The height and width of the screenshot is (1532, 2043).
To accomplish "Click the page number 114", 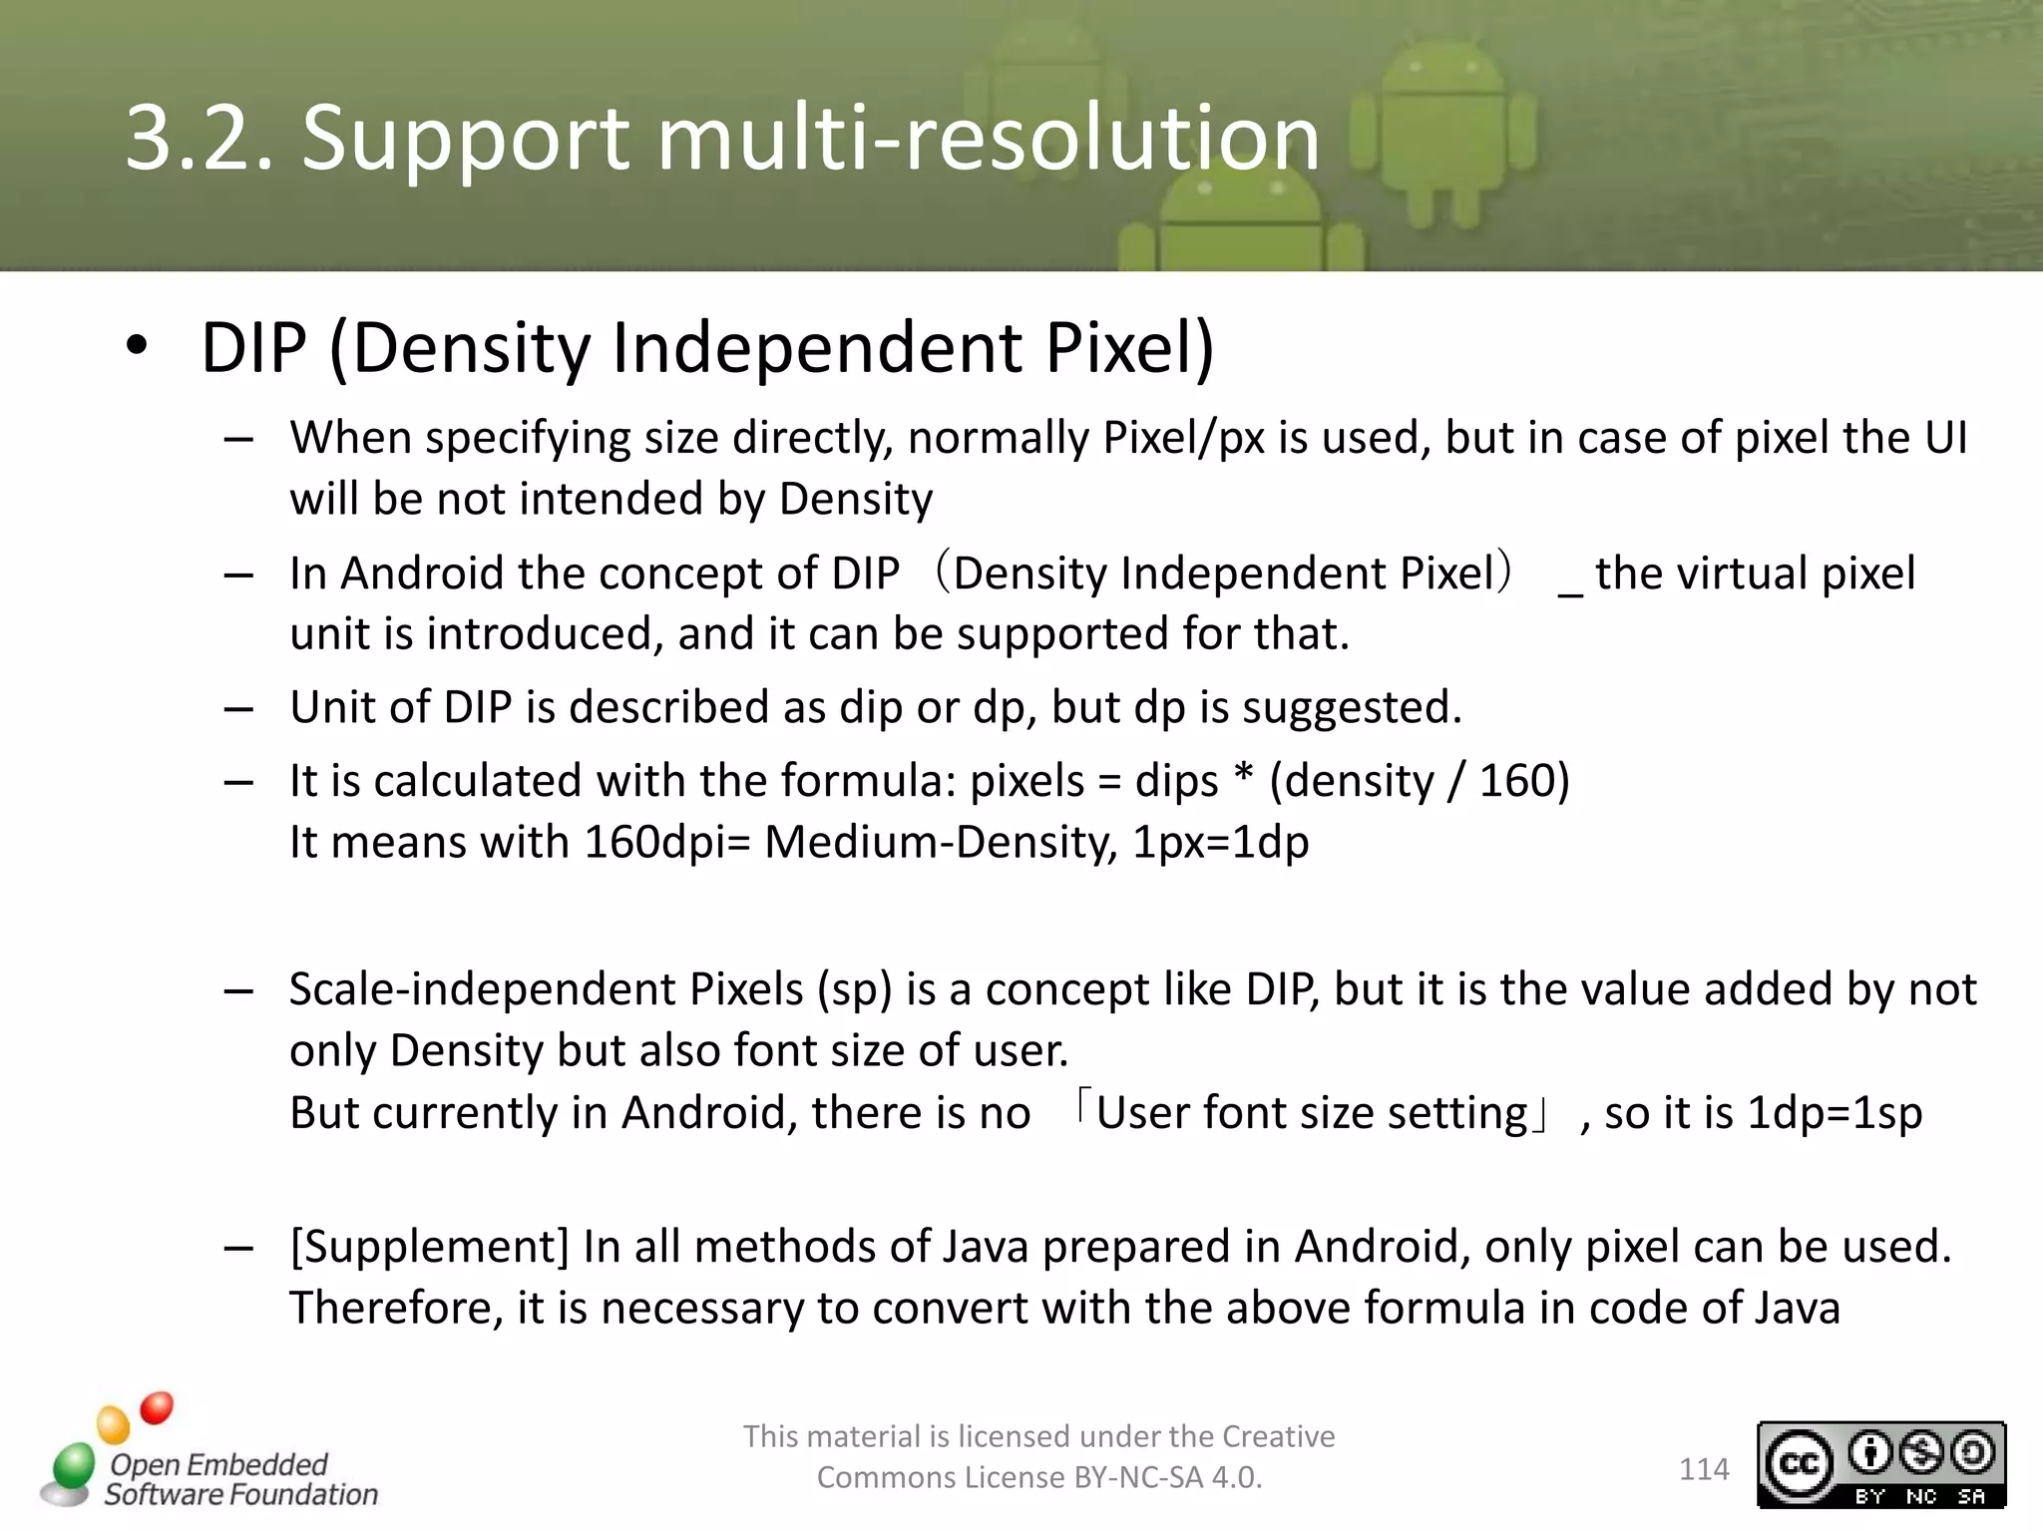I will pos(1704,1469).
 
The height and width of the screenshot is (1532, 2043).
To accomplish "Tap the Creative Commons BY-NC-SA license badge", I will pos(1880,1464).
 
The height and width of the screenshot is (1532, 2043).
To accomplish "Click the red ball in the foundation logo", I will pos(157,1407).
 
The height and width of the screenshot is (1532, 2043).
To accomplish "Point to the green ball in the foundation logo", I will pos(73,1467).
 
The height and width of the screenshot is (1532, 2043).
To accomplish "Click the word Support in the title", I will pos(466,140).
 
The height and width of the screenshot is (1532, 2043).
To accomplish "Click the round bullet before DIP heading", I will pos(138,346).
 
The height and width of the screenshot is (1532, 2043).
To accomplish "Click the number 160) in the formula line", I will pos(1524,781).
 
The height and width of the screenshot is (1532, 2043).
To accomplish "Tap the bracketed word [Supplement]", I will pos(429,1247).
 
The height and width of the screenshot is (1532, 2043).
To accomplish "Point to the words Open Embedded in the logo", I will pos(218,1464).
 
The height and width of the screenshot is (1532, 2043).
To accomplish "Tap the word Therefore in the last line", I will pos(396,1309).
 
